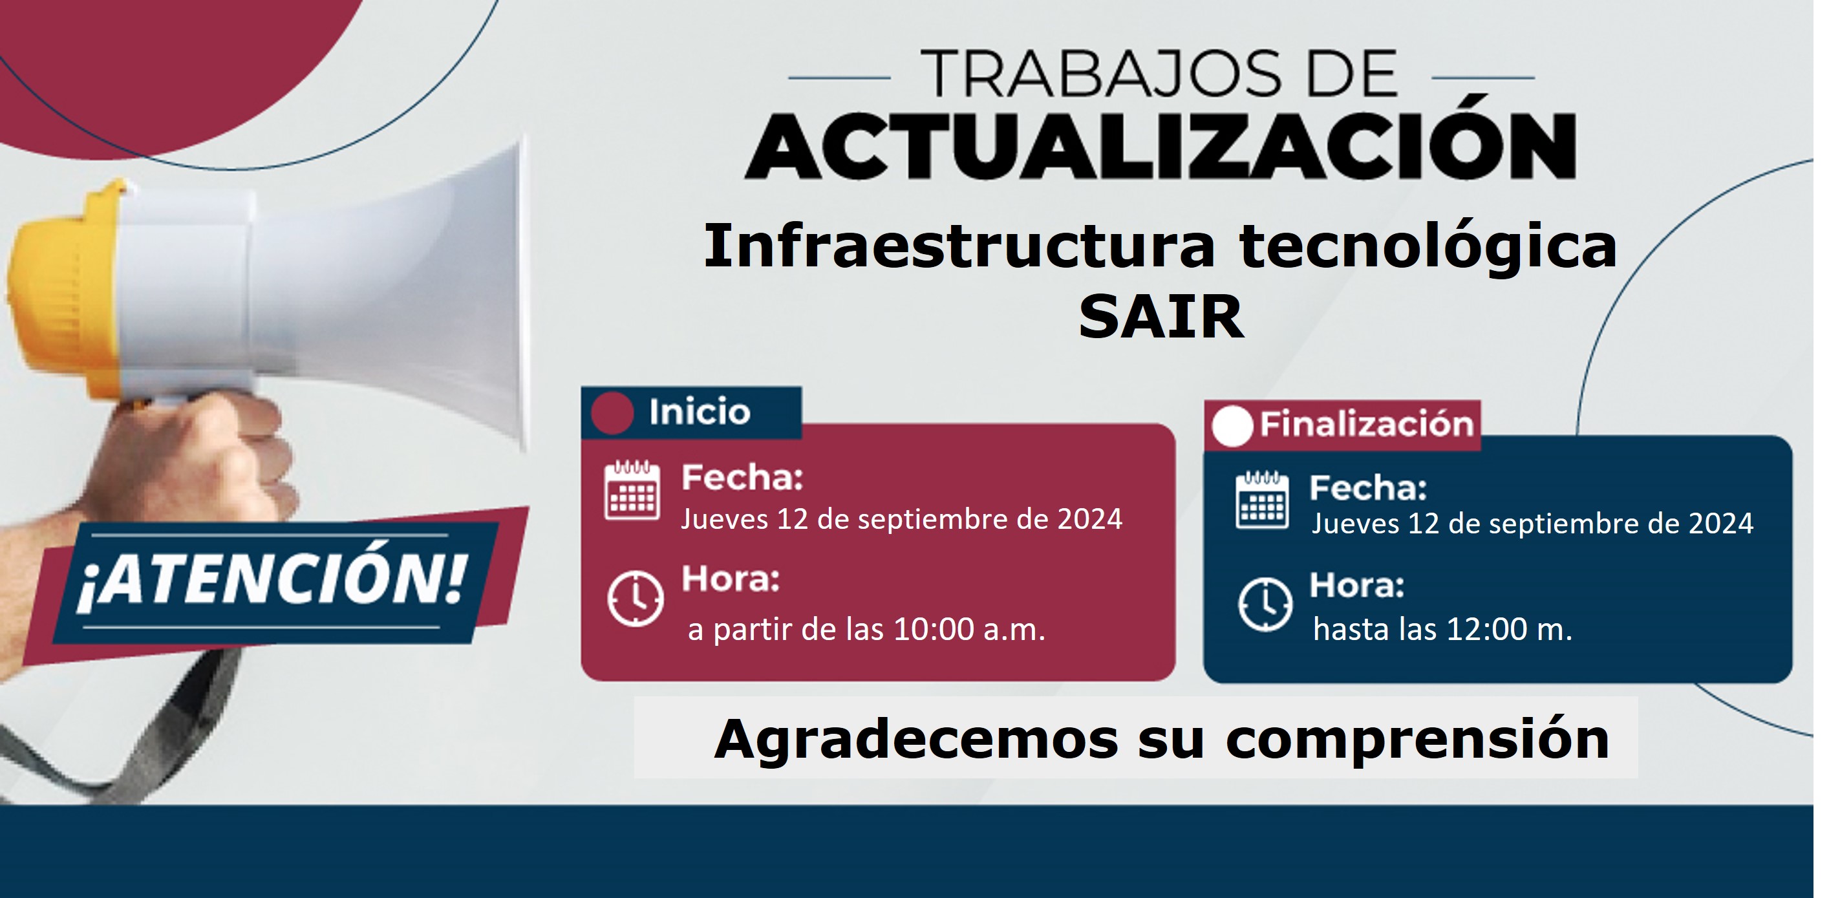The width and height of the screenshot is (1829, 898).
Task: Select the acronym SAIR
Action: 1162,317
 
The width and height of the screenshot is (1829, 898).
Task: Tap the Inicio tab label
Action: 700,412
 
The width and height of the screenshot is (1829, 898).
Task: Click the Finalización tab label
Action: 1367,425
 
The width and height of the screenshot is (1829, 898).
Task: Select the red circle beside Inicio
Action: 612,413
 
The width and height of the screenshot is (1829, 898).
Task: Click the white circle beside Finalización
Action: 1232,426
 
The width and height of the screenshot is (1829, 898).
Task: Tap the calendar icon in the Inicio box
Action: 632,491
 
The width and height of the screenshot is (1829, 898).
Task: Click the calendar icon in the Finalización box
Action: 1263,499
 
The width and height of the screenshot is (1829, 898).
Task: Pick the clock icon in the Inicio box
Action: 636,598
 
